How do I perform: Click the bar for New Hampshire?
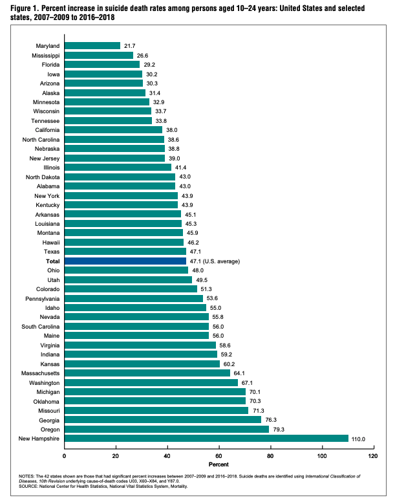[x=206, y=439]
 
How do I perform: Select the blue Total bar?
[x=125, y=261]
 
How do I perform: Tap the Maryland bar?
[x=92, y=46]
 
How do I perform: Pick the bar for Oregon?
[x=167, y=429]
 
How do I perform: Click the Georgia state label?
[x=48, y=420]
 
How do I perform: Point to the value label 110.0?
[x=359, y=439]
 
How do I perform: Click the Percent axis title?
[x=219, y=465]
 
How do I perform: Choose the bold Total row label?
[x=52, y=261]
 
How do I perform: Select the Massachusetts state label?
[x=37, y=373]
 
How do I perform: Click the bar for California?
[x=114, y=130]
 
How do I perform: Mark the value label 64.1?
[x=241, y=373]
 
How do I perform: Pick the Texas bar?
[x=125, y=252]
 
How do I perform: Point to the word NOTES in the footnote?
[x=30, y=476]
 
